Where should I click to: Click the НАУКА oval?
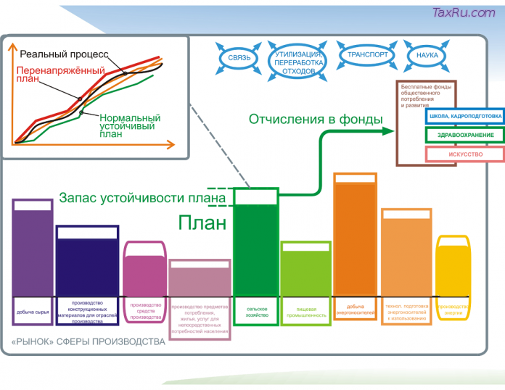(422, 55)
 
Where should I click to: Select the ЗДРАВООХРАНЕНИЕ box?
(465, 136)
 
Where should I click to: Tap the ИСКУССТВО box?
(465, 154)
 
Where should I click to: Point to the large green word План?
(203, 222)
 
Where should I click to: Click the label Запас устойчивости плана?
(141, 197)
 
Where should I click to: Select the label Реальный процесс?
(64, 54)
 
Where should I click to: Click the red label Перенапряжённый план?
(44, 75)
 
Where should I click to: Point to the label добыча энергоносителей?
(355, 310)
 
